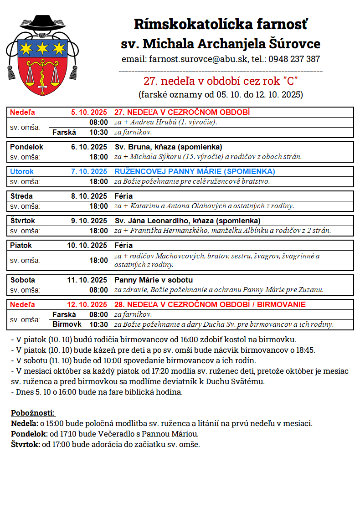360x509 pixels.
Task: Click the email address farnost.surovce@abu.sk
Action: tap(197, 59)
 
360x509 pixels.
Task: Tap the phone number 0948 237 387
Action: tap(294, 59)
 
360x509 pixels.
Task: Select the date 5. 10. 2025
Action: tap(89, 112)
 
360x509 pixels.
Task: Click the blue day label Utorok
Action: tap(22, 172)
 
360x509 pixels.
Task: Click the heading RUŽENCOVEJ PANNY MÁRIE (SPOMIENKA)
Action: tap(195, 172)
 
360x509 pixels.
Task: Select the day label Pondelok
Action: tap(26, 147)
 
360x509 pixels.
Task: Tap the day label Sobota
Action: tap(23, 280)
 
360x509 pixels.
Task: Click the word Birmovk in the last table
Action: tap(67, 324)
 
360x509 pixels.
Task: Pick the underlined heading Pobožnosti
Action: tap(33, 413)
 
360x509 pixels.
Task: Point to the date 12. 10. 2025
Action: tap(87, 304)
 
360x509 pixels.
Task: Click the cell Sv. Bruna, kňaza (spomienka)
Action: tap(168, 147)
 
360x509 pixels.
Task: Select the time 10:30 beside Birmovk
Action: tap(99, 324)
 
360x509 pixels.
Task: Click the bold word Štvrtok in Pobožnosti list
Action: tap(25, 444)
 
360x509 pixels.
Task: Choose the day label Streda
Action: tap(21, 196)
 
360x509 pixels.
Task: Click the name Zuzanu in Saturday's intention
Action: tap(311, 290)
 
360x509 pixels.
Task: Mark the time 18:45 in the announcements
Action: tap(304, 350)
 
